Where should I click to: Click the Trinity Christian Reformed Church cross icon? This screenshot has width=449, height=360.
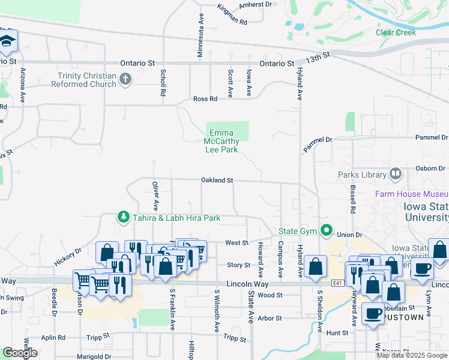click(125, 79)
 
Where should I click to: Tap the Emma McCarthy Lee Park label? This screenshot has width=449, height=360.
click(223, 142)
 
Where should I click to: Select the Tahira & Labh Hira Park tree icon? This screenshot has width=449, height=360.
click(124, 217)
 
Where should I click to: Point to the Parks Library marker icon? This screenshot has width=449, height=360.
click(396, 175)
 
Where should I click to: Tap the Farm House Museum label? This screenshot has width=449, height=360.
click(412, 194)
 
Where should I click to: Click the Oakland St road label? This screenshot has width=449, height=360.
click(217, 180)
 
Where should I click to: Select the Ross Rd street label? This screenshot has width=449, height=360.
click(204, 99)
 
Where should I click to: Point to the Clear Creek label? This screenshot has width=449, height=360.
click(396, 32)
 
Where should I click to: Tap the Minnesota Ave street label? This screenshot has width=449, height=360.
click(200, 37)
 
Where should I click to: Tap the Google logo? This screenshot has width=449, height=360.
click(20, 352)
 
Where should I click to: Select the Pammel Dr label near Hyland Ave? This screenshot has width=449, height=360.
click(318, 144)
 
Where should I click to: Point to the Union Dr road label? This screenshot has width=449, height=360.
click(351, 235)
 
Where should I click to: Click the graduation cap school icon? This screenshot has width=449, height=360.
click(8, 41)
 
